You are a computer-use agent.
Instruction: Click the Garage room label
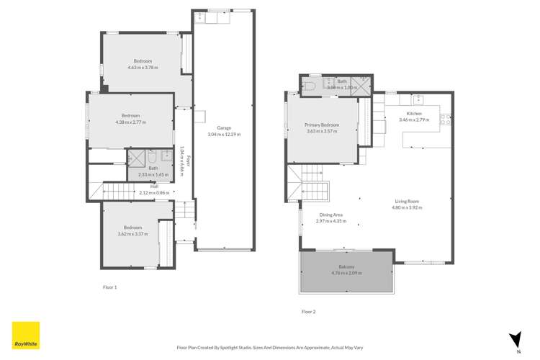[x=224, y=129]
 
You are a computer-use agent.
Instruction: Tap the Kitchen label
[x=414, y=114]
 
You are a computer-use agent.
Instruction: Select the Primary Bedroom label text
[x=322, y=125]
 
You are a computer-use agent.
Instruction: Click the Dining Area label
[x=331, y=215]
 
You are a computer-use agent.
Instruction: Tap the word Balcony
[x=346, y=267]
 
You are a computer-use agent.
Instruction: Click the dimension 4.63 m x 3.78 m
[x=143, y=68]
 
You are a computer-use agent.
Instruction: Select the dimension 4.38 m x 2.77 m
[x=130, y=122]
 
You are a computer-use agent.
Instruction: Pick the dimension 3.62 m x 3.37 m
[x=132, y=233]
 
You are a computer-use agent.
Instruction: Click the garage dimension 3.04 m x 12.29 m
[x=224, y=135]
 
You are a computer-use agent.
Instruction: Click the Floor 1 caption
[x=109, y=287]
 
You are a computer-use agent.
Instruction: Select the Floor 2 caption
[x=308, y=311]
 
